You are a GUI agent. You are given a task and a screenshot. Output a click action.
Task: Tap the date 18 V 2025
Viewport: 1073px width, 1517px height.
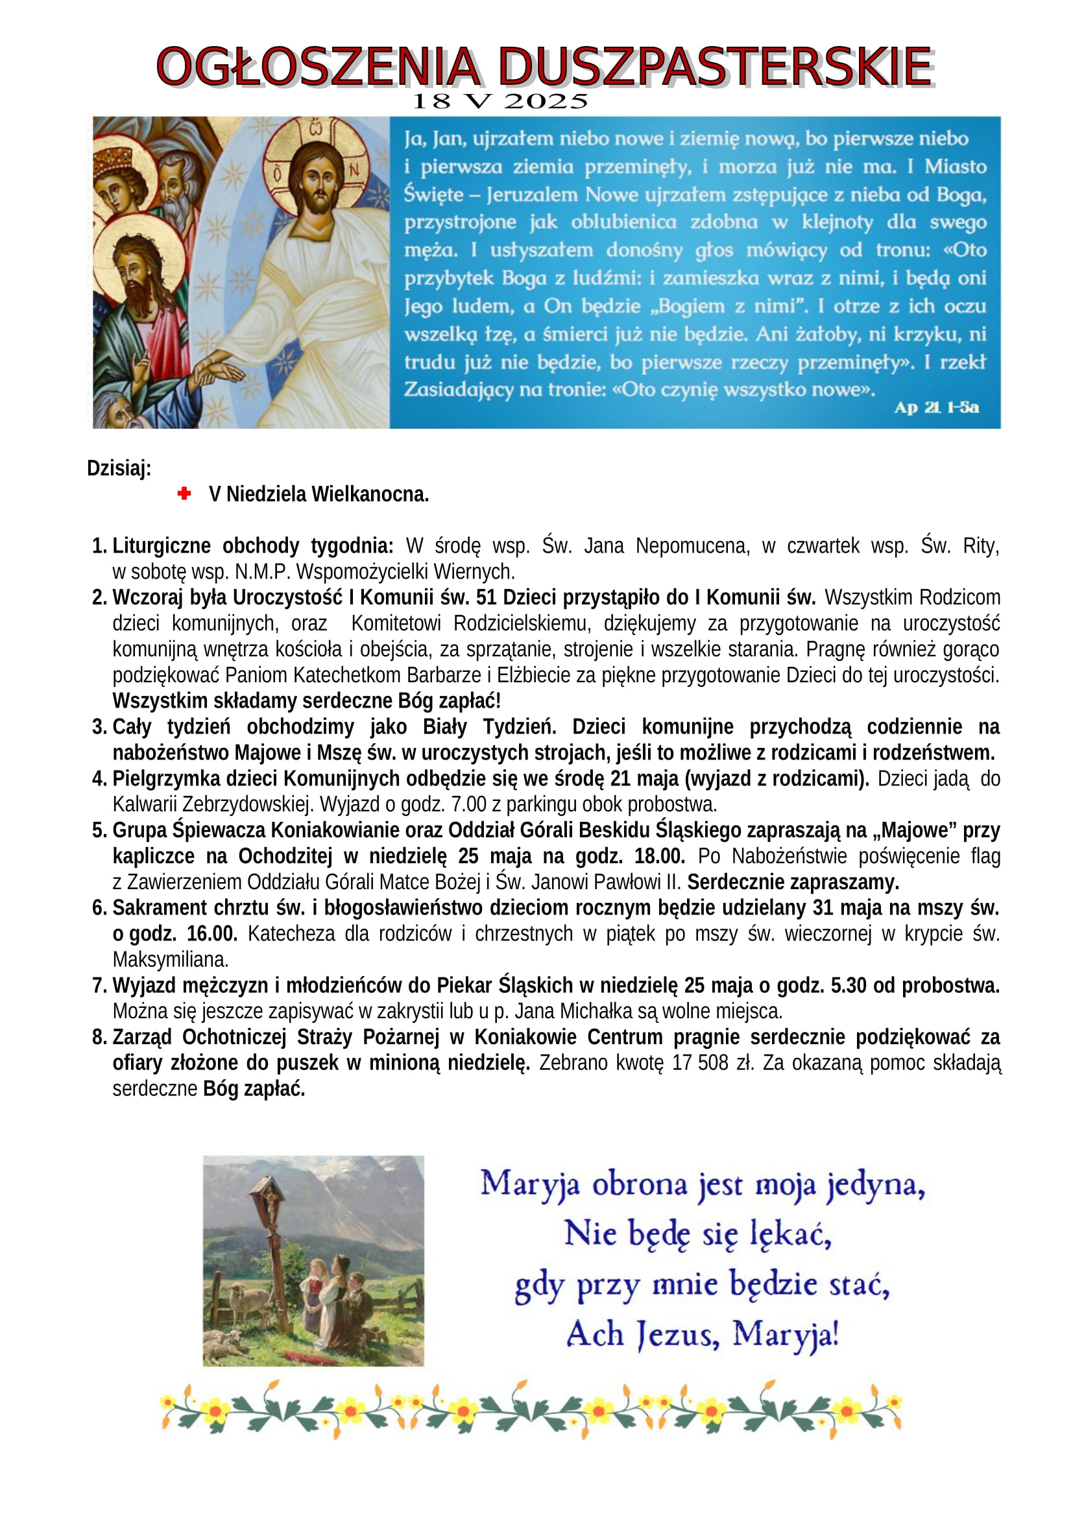click(500, 102)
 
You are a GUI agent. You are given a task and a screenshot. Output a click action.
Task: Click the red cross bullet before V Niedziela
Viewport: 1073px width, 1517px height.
click(184, 494)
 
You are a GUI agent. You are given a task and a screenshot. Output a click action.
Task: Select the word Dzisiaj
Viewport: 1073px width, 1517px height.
click(119, 468)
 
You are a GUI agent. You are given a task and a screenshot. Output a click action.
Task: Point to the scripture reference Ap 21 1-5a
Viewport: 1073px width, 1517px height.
click(936, 408)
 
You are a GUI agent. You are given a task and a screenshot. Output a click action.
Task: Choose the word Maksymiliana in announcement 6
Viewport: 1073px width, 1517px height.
click(171, 959)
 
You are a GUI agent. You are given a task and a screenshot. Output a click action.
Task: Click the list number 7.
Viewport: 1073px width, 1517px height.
click(99, 986)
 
